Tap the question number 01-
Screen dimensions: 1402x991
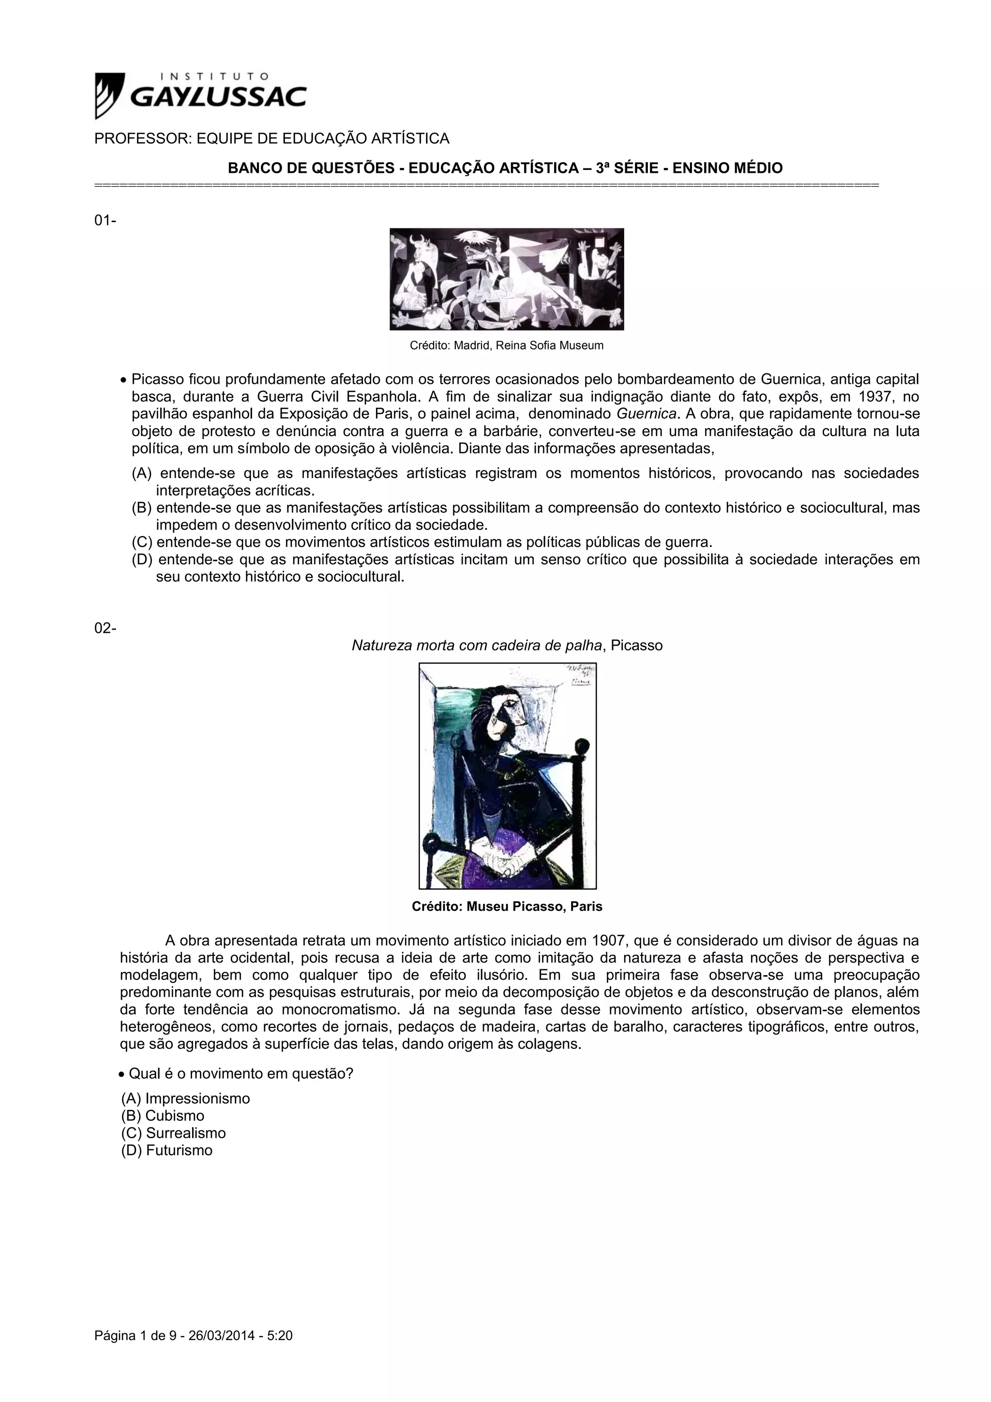(105, 220)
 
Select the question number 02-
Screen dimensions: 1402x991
(105, 628)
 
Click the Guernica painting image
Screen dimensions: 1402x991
(506, 279)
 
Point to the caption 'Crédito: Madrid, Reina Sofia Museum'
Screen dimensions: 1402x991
(506, 346)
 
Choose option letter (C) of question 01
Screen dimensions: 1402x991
(142, 542)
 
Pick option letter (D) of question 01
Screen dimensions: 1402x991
(142, 559)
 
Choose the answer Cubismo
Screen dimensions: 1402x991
(175, 1116)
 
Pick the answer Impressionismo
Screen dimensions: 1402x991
(197, 1099)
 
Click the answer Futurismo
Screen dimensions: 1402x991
(179, 1150)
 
